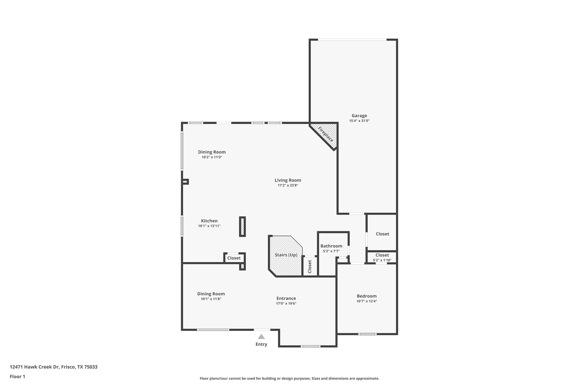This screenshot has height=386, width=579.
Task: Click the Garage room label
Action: (x=359, y=115)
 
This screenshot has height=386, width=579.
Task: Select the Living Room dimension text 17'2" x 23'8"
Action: (x=288, y=185)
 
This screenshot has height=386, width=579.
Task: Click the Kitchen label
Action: (x=209, y=221)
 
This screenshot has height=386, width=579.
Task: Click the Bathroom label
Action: (x=331, y=246)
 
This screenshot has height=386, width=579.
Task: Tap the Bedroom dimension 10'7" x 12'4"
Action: (x=367, y=301)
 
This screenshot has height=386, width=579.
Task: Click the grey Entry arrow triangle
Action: (x=261, y=337)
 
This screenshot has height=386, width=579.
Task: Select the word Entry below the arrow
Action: (x=261, y=344)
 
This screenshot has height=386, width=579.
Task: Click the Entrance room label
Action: (x=286, y=298)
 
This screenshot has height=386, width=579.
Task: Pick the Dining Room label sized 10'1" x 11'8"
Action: (x=211, y=294)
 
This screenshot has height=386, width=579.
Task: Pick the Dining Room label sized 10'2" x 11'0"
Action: (x=212, y=152)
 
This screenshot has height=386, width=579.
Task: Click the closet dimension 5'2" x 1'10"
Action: (x=382, y=260)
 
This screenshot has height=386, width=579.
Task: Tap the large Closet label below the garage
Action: (x=382, y=234)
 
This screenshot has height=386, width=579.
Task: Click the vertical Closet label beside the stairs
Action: (x=309, y=267)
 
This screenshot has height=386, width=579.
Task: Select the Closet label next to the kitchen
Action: (x=234, y=258)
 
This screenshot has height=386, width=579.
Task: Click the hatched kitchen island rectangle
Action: (x=242, y=227)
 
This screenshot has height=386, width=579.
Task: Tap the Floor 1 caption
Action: (x=17, y=377)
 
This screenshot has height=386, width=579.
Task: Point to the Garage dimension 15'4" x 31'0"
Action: (x=359, y=121)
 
